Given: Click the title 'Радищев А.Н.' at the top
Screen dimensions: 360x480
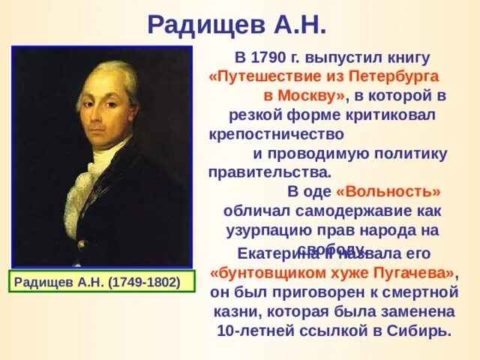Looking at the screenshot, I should coord(237,24).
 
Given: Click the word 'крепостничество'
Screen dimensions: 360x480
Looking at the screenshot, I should coord(277,135).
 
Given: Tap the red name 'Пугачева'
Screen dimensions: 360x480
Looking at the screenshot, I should coord(412,271).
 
